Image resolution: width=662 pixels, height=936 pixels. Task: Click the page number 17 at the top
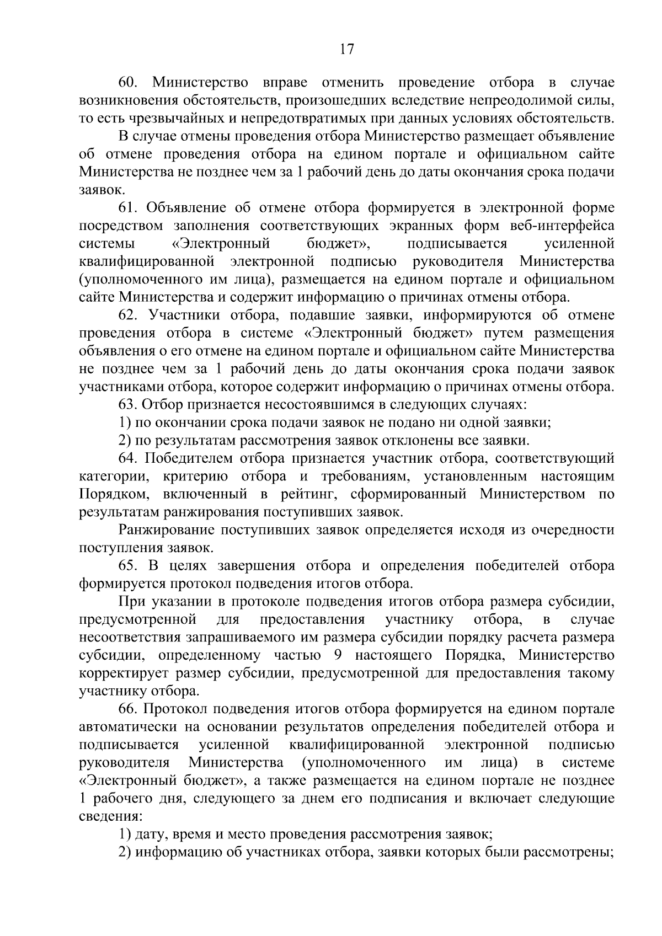pos(346,49)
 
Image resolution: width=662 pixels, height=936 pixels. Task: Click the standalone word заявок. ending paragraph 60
pos(98,190)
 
